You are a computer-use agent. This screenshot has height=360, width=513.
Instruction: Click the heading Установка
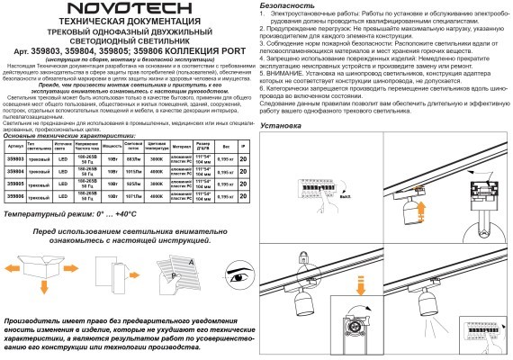coord(282,124)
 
